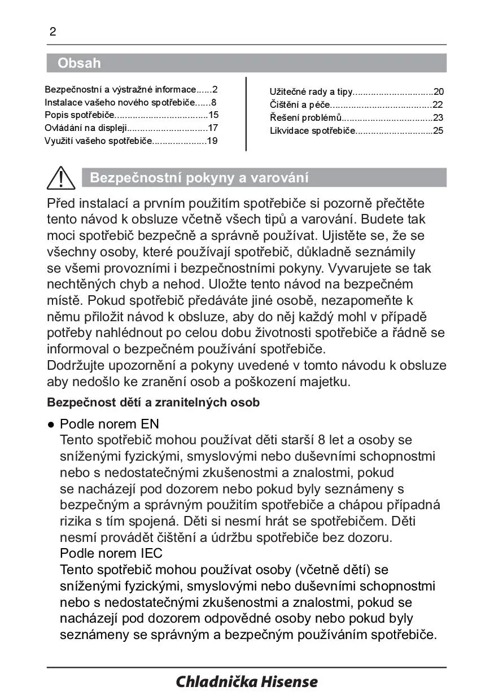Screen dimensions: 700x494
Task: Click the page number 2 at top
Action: [53, 32]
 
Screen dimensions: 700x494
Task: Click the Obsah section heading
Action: [79, 63]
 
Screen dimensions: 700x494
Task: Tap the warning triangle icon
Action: [61, 178]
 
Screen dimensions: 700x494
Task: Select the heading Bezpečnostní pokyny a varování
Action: [199, 178]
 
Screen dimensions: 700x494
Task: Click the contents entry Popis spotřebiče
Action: [79, 115]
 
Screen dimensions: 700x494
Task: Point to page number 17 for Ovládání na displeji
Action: [213, 128]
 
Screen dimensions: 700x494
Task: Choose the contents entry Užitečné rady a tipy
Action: [311, 91]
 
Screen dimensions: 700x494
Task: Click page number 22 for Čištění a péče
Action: [438, 105]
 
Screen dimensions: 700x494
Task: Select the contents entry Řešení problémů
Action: [306, 118]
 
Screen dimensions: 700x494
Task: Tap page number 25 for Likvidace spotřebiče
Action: [438, 131]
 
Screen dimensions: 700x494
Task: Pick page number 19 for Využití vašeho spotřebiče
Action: [212, 141]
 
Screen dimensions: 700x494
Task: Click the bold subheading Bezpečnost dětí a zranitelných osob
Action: [153, 403]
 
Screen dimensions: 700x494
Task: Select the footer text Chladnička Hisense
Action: [247, 682]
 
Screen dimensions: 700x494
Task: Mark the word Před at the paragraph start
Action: [61, 203]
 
